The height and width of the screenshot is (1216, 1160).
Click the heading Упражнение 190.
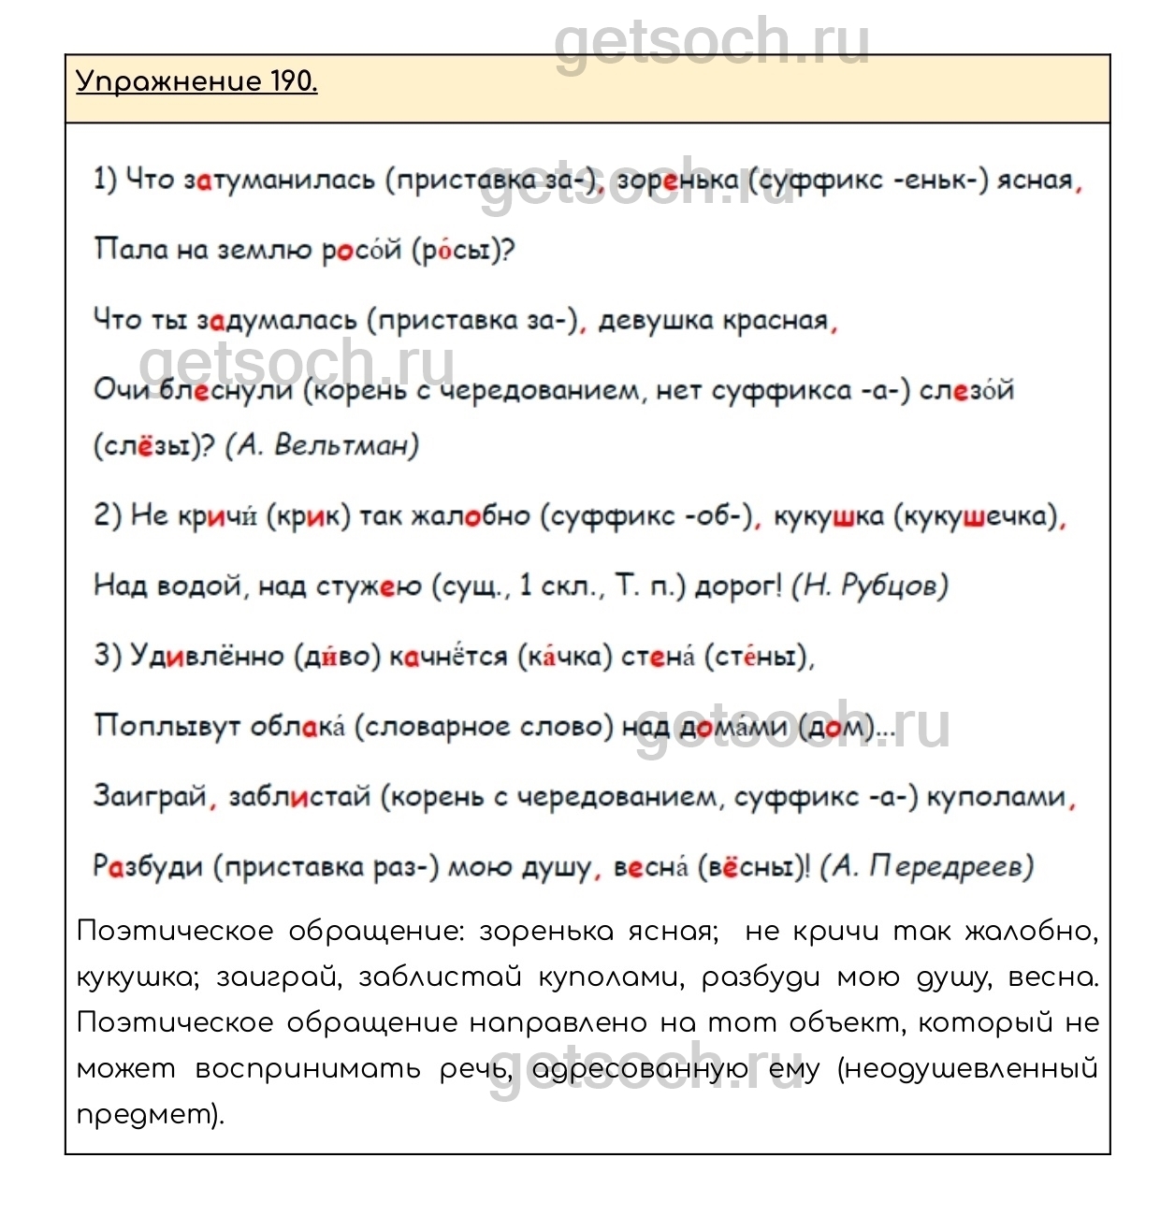(x=196, y=82)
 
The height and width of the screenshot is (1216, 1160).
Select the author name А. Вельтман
(x=322, y=445)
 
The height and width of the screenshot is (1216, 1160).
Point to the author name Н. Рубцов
(x=870, y=586)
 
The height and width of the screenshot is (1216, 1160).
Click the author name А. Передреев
(x=927, y=867)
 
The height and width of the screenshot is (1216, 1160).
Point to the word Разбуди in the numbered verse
(x=148, y=867)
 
